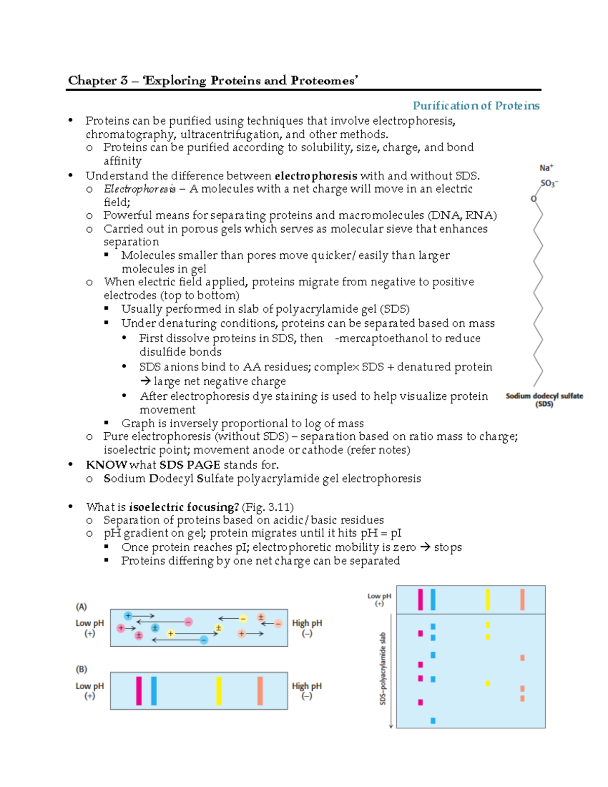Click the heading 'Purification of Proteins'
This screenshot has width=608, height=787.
(x=476, y=105)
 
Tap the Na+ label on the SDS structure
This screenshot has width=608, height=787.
(x=546, y=168)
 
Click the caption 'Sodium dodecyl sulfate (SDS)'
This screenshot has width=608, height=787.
(x=544, y=400)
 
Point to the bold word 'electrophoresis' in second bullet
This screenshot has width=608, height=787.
(x=316, y=176)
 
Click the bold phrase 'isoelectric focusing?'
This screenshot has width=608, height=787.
(x=184, y=507)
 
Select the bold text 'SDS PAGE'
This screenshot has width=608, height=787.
(x=189, y=465)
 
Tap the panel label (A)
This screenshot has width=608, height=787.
(x=82, y=606)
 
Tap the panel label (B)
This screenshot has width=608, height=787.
(x=82, y=669)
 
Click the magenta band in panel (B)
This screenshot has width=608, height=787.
(x=139, y=691)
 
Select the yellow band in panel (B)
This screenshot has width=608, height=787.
(x=219, y=691)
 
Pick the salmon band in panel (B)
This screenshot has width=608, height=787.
(x=260, y=691)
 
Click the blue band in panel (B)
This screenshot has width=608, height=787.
(x=154, y=691)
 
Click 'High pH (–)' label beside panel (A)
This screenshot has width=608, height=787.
(x=307, y=628)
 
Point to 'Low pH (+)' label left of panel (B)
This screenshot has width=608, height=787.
(x=90, y=691)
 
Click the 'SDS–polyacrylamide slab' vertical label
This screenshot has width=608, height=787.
(x=383, y=668)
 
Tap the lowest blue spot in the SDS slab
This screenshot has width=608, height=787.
(x=433, y=721)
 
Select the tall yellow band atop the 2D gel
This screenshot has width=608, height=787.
(x=488, y=599)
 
